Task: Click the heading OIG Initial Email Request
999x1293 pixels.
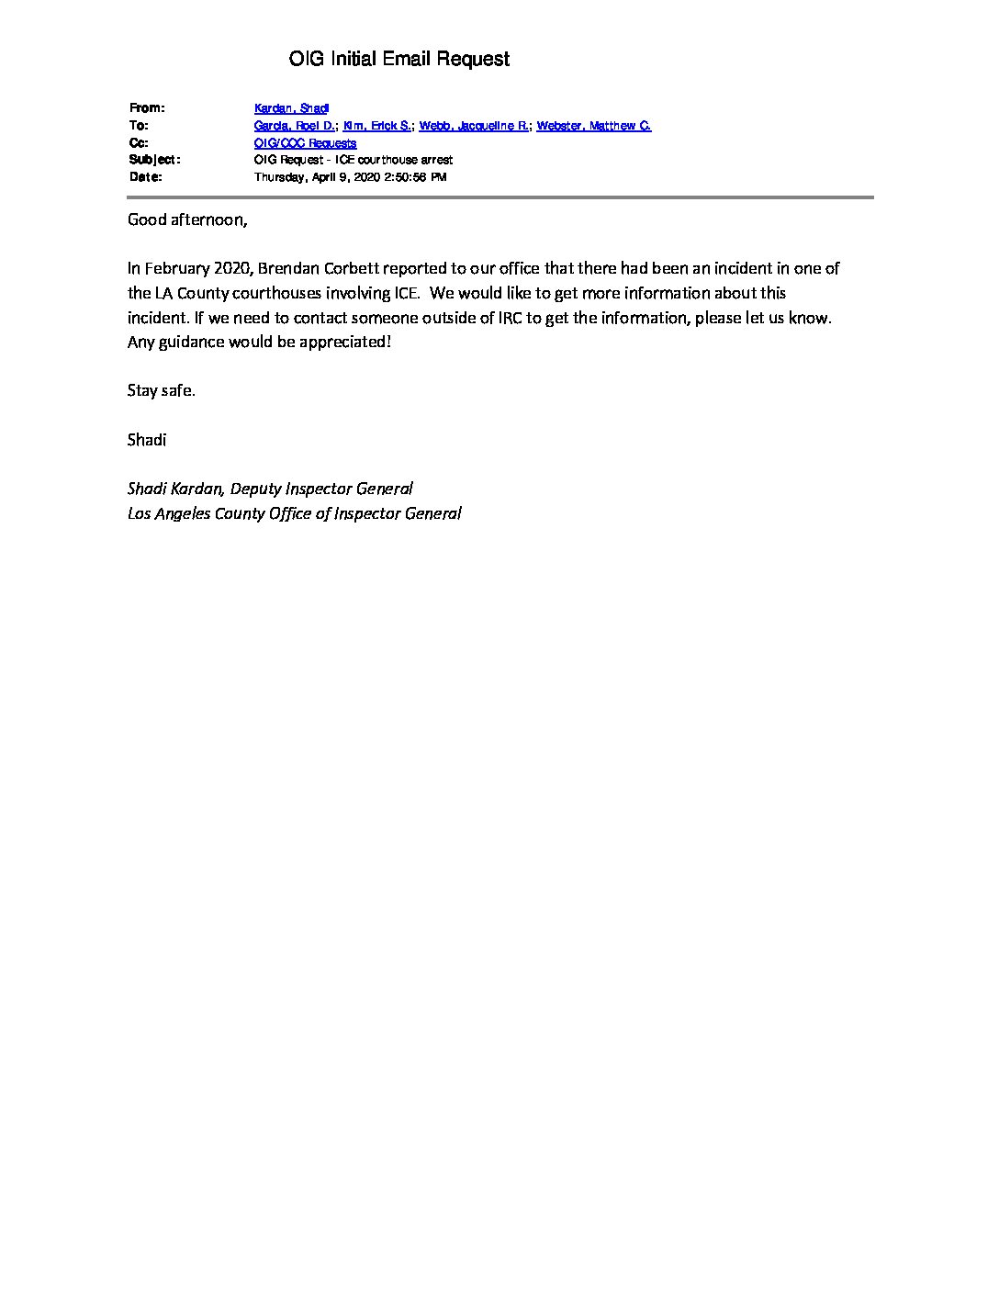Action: point(398,60)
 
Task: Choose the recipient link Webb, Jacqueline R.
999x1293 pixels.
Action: point(473,126)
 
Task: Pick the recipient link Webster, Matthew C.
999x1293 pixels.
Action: point(593,126)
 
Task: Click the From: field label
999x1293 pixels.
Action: point(147,108)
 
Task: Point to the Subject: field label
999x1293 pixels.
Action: point(154,160)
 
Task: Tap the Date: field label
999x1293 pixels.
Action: point(146,177)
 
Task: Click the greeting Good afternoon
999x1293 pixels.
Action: point(187,219)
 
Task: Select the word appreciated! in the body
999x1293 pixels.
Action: point(345,342)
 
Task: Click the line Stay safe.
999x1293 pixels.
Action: point(162,390)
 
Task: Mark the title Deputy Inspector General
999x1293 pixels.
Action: point(321,489)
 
